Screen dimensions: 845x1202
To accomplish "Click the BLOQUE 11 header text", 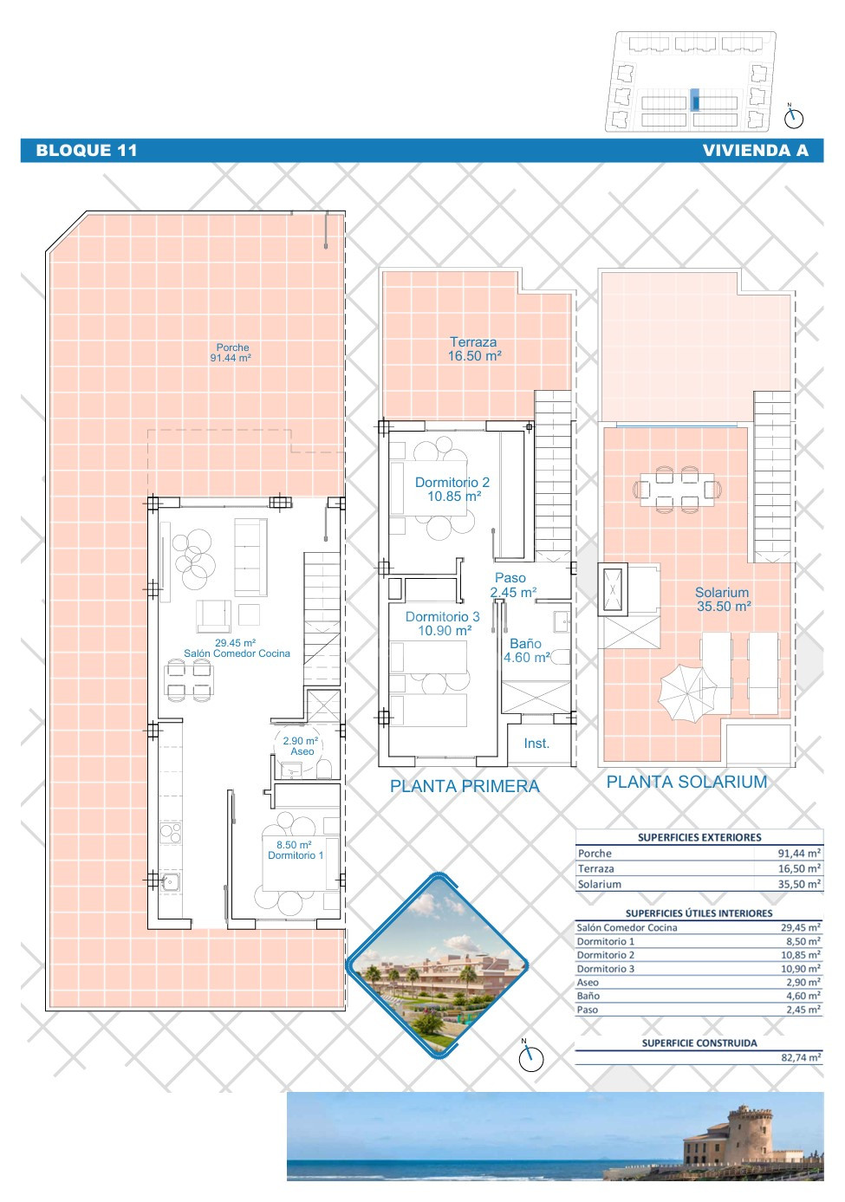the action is [87, 150].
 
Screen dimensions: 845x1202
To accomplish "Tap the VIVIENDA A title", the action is [755, 150].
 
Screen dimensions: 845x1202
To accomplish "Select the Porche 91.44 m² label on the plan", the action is [231, 353].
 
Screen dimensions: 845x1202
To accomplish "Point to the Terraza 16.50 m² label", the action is [474, 348].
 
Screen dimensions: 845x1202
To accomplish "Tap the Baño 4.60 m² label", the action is [527, 650].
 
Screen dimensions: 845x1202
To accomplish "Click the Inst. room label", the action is [536, 744].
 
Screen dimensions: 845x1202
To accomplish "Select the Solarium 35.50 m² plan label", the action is [723, 600].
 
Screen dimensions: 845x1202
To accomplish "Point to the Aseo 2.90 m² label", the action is [301, 746].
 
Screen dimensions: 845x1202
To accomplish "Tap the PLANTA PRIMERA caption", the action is [465, 786].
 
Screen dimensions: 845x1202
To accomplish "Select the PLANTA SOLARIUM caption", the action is [686, 782].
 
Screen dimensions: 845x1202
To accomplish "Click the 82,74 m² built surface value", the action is [801, 1057].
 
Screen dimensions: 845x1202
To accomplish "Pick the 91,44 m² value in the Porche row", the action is [799, 854].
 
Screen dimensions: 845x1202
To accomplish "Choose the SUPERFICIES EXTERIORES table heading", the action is [699, 837].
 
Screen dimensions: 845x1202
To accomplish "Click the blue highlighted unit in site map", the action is [696, 101].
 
